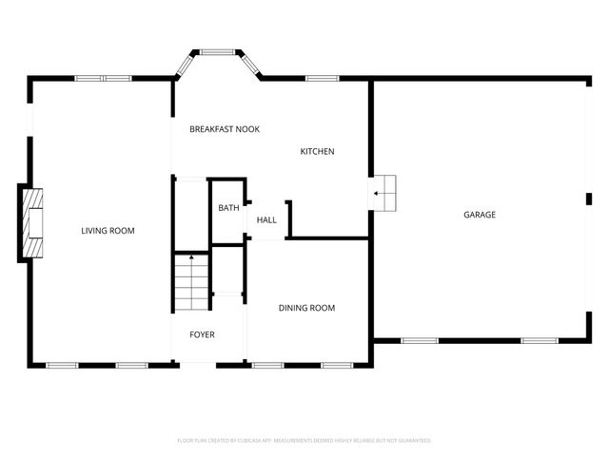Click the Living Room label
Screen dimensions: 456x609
click(x=108, y=231)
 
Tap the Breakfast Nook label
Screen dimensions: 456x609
click(x=225, y=129)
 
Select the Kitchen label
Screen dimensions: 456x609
click(x=318, y=152)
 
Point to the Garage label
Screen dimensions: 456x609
click(x=480, y=215)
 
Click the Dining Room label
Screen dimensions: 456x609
click(x=306, y=308)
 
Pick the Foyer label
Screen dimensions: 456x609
click(x=202, y=335)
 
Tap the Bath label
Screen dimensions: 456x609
click(x=228, y=208)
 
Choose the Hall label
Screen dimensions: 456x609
click(x=266, y=220)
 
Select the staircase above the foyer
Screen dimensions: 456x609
click(x=191, y=282)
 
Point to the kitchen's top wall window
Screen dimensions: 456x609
click(x=323, y=78)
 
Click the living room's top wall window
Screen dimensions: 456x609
click(x=103, y=78)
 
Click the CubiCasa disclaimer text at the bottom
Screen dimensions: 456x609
click(x=304, y=441)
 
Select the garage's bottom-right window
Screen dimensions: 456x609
click(x=540, y=340)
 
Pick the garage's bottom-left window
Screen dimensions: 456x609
click(x=419, y=340)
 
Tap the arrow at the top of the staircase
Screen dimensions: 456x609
click(x=191, y=256)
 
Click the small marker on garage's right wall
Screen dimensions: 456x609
click(x=589, y=198)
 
